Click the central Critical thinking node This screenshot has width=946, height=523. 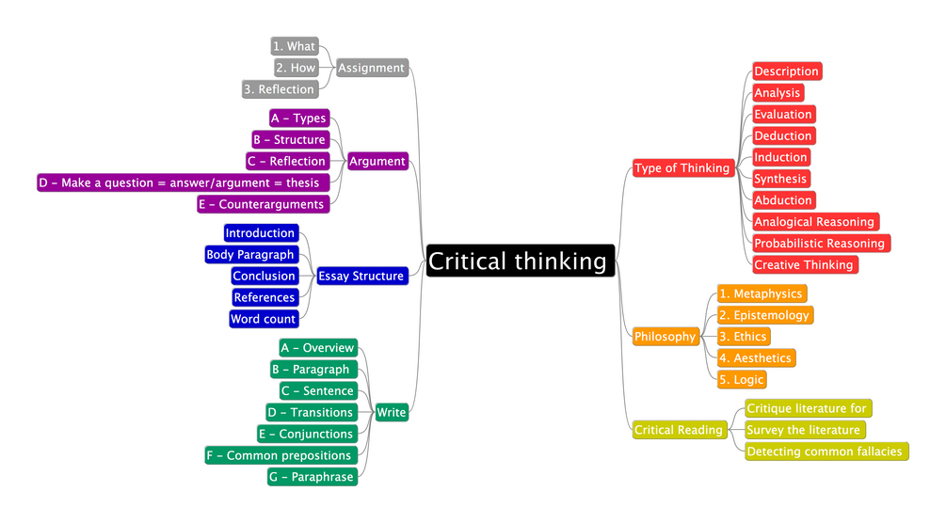click(521, 261)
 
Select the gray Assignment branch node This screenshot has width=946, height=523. click(371, 68)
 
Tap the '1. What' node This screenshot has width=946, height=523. click(294, 46)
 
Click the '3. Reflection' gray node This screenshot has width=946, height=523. click(280, 89)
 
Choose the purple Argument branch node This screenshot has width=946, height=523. click(377, 161)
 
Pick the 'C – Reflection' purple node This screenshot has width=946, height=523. click(287, 161)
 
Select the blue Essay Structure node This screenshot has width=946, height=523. click(361, 276)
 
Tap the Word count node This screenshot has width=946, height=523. click(264, 319)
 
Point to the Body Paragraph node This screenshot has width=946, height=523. click(250, 254)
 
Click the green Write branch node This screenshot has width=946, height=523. click(391, 412)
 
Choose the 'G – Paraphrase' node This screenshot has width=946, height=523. click(312, 477)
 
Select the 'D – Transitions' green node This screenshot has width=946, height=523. click(311, 412)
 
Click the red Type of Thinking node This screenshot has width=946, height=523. click(682, 168)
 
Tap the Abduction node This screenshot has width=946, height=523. click(783, 200)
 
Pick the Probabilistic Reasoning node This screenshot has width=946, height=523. click(820, 243)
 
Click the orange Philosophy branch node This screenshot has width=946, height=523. click(665, 337)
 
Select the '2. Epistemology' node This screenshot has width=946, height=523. click(764, 315)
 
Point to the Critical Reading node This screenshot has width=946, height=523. click(679, 430)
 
